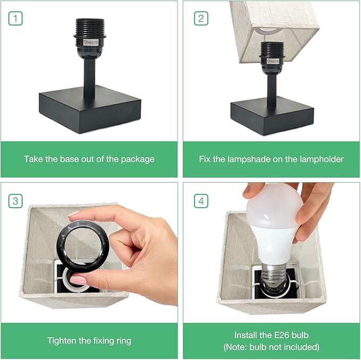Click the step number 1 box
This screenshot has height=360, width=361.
[x=15, y=19]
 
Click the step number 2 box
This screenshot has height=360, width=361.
[x=201, y=19]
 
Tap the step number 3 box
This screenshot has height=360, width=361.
[x=15, y=201]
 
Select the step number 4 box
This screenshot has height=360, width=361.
[x=201, y=201]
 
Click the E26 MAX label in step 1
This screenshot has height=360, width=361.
[x=91, y=42]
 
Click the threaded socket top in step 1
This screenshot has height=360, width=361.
[x=90, y=27]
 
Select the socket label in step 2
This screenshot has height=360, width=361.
[x=273, y=61]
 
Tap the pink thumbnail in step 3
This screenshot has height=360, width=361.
[x=78, y=280]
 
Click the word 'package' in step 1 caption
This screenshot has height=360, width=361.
[x=138, y=159]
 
